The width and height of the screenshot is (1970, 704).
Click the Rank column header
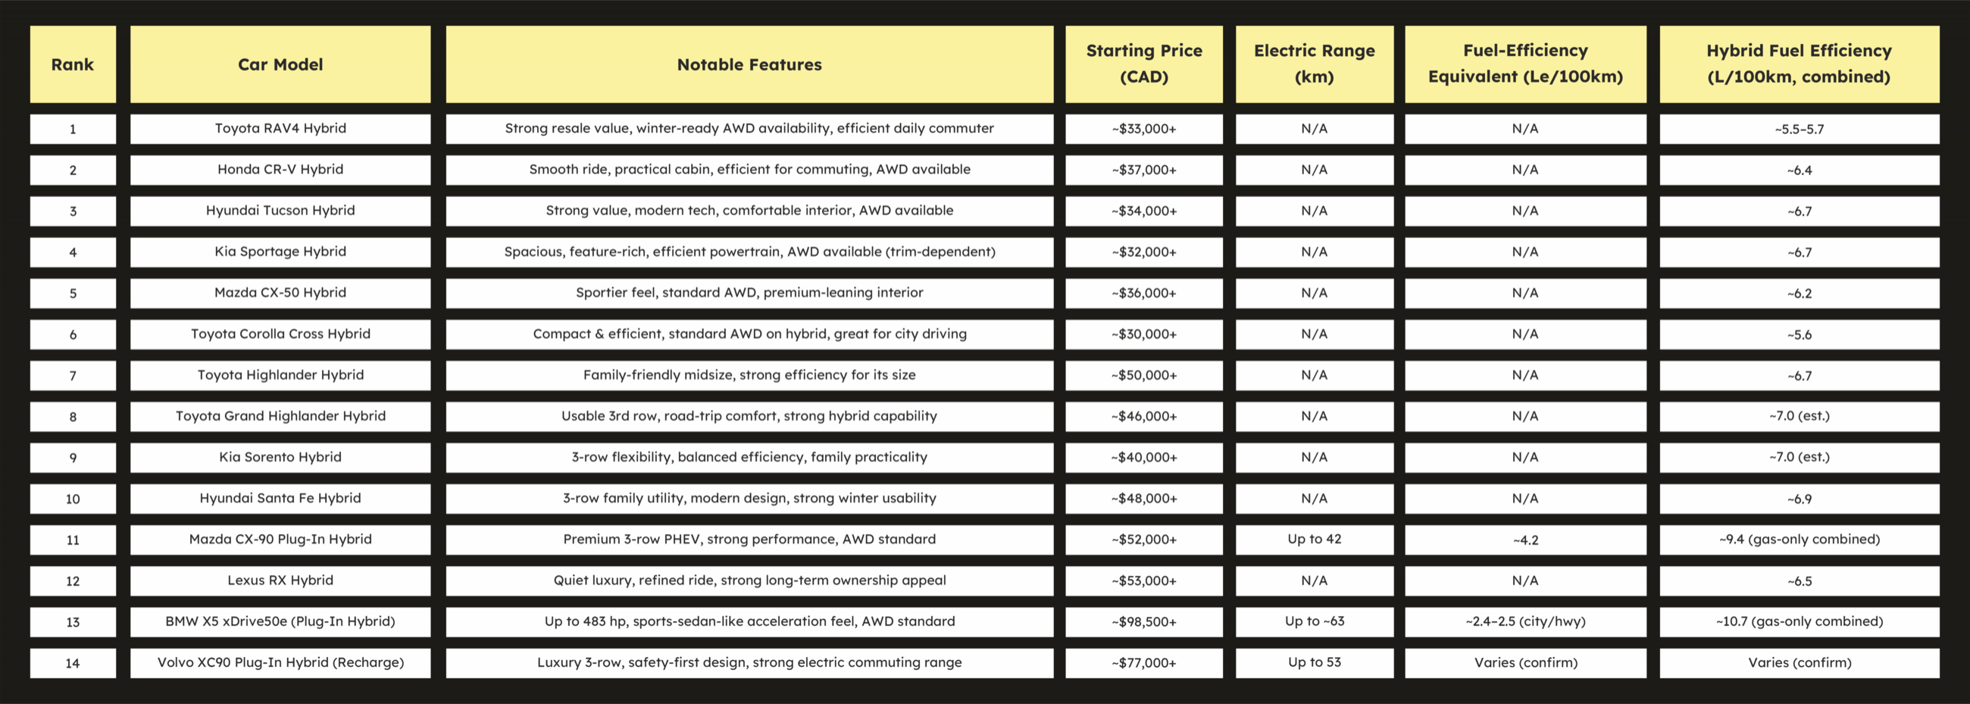click(x=73, y=64)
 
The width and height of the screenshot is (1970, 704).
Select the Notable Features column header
click(x=749, y=64)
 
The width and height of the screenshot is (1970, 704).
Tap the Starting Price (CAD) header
click(x=1144, y=64)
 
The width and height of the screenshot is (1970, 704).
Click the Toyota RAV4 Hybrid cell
click(x=280, y=129)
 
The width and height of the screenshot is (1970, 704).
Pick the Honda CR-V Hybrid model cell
click(x=280, y=170)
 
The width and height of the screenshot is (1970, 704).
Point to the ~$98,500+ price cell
click(x=1144, y=621)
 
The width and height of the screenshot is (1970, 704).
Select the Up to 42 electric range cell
click(x=1314, y=540)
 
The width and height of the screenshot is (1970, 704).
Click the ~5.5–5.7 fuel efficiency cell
click(x=1799, y=129)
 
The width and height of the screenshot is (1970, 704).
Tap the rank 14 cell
click(x=73, y=662)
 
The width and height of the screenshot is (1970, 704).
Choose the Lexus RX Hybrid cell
click(x=280, y=580)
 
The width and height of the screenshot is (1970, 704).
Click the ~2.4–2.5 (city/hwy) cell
click(x=1525, y=621)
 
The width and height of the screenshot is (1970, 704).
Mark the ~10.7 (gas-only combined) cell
click(x=1799, y=621)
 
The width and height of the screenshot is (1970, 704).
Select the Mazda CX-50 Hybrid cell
click(x=280, y=293)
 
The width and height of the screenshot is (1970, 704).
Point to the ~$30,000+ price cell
click(x=1144, y=334)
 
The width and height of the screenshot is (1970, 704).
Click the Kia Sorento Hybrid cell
click(x=280, y=458)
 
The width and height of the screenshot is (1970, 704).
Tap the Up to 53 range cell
click(x=1314, y=662)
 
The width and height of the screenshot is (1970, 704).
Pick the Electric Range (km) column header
click(x=1314, y=64)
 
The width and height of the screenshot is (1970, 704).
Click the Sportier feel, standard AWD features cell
click(x=749, y=293)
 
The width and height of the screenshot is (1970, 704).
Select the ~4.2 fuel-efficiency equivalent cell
click(x=1525, y=540)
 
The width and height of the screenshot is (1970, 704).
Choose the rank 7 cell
click(x=73, y=376)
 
